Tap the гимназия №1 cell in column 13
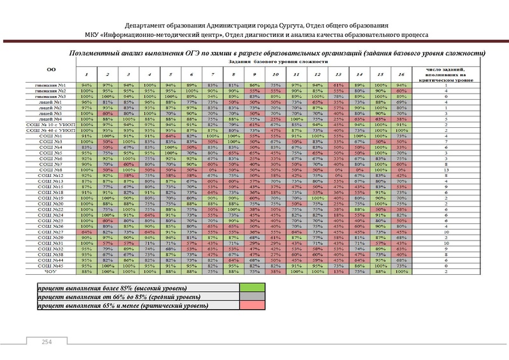(339, 85)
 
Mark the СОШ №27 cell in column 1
(87, 233)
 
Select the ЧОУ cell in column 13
(339, 272)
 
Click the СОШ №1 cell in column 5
(170, 135)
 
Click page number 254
(46, 343)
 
